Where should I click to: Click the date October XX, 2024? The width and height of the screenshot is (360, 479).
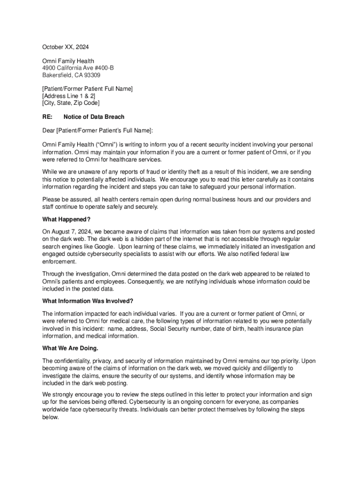pyautogui.click(x=65, y=47)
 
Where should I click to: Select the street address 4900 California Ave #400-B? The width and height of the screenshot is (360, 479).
pyautogui.click(x=78, y=68)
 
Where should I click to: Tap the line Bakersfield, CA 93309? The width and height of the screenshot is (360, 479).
pyautogui.click(x=71, y=75)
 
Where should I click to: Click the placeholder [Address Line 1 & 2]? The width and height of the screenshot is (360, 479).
pyautogui.click(x=69, y=96)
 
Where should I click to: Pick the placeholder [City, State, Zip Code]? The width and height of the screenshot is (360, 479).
pyautogui.click(x=71, y=103)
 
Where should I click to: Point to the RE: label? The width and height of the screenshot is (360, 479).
pyautogui.click(x=48, y=116)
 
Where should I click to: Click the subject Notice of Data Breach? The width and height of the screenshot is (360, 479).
pyautogui.click(x=94, y=116)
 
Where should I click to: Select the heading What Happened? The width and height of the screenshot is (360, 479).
pyautogui.click(x=66, y=219)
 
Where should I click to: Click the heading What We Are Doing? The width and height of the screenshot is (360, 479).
pyautogui.click(x=70, y=348)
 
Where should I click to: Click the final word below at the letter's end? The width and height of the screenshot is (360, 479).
pyautogui.click(x=50, y=417)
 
